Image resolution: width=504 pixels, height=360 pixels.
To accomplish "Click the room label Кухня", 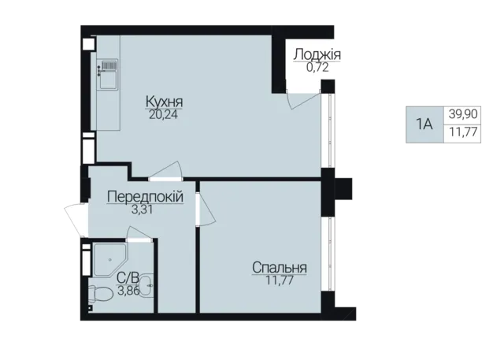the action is [165, 102].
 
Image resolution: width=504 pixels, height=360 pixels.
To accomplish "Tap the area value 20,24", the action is [163, 114].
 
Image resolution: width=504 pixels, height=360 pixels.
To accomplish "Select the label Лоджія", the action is [317, 54].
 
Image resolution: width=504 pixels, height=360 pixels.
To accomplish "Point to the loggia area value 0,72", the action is [317, 68].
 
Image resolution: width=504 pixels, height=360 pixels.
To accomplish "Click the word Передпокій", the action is [145, 196].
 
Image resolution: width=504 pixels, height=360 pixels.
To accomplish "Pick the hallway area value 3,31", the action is [142, 210].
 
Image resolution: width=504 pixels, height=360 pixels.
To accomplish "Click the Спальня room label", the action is [280, 267].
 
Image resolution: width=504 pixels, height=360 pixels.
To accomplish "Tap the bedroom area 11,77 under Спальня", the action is [280, 280].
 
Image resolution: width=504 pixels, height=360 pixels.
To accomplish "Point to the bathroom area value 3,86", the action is [128, 291].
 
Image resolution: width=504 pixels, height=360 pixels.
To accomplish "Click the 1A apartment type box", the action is [424, 124].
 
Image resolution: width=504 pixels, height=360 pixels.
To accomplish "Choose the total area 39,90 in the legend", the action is [463, 114].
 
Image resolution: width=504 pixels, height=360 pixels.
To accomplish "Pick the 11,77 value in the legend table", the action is [463, 132].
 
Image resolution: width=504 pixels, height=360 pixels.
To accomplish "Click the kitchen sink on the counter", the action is [108, 75].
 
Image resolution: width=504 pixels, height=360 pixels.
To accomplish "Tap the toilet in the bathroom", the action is [98, 294].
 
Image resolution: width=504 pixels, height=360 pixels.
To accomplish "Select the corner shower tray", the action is [109, 259].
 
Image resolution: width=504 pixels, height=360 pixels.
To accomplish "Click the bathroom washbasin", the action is [147, 284].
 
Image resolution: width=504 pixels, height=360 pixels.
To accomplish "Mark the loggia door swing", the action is [303, 100].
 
